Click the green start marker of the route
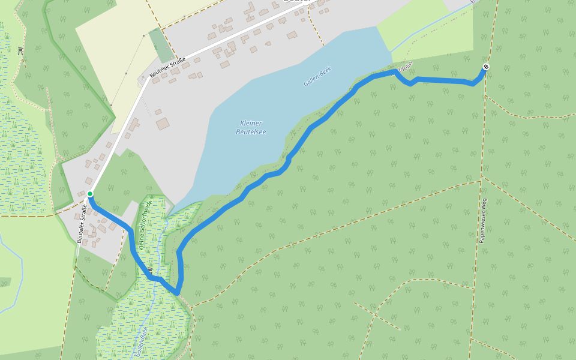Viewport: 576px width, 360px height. click(90, 193)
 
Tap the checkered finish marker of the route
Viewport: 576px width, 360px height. click(485, 67)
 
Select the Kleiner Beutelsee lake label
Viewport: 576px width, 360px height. click(251, 127)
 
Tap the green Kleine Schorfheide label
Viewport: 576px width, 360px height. click(145, 225)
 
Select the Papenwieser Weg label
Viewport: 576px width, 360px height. click(483, 220)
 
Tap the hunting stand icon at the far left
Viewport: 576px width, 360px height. click(21, 51)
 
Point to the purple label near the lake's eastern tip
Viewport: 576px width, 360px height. click(404, 69)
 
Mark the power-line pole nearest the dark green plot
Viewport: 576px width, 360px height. click(143, 36)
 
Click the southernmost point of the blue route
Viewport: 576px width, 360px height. click(177, 293)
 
